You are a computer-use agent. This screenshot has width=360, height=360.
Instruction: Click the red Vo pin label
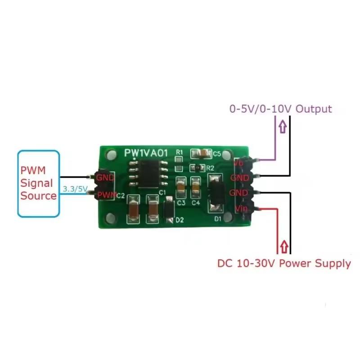239,162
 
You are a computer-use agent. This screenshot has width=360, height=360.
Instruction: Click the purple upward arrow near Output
282,127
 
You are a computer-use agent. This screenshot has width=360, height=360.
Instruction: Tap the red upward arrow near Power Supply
283,247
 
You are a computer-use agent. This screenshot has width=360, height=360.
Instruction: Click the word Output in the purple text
314,109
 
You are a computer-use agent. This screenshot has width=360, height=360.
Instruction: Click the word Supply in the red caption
331,264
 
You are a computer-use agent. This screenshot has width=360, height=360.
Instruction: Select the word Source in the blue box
38,196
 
